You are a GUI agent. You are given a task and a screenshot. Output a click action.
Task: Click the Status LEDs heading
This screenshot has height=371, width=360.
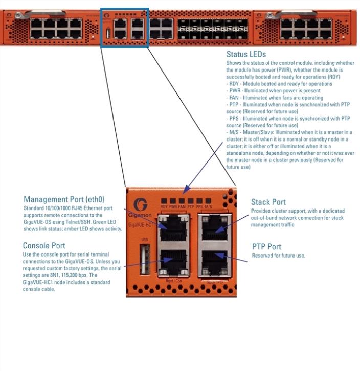246,54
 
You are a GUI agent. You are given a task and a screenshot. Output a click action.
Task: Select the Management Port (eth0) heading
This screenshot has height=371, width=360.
64,199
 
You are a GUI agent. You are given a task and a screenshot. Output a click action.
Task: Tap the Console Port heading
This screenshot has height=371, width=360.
44,246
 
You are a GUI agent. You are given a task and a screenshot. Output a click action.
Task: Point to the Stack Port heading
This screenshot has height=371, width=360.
268,202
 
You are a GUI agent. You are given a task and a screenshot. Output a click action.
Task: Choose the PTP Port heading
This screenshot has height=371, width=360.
266,247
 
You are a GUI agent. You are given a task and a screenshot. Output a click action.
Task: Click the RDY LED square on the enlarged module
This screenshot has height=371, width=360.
164,201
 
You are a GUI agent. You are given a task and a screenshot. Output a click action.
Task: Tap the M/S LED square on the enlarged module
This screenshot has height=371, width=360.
208,201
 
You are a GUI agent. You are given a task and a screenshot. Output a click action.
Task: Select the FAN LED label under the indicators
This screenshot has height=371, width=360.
182,207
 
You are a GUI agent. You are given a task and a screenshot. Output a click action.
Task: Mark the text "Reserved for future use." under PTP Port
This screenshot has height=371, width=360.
278,256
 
